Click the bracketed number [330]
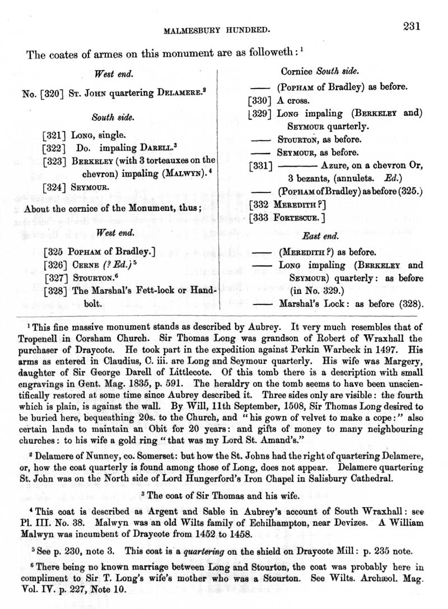260,101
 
